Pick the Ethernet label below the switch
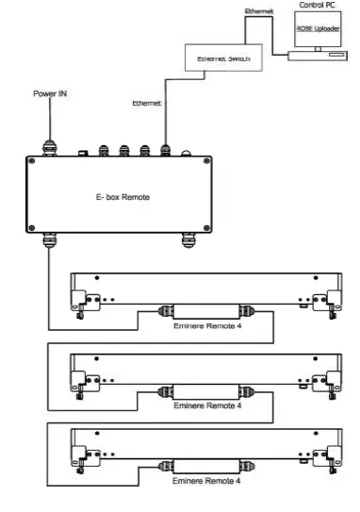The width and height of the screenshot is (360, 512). click(x=147, y=101)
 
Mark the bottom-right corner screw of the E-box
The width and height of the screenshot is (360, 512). click(x=213, y=227)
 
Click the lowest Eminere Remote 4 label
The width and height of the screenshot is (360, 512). click(x=208, y=481)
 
